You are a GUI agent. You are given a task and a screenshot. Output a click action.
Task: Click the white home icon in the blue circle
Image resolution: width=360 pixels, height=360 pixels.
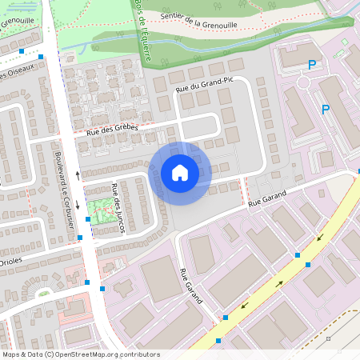pos(180,173)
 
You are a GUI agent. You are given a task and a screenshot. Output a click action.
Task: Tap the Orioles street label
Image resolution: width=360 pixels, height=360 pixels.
pos(10,261)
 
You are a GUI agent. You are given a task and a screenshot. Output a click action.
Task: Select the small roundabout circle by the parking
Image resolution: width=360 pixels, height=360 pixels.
pos(306,82)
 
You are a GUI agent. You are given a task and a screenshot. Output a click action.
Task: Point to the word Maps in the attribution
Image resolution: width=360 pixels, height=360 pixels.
pos(11,354)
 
